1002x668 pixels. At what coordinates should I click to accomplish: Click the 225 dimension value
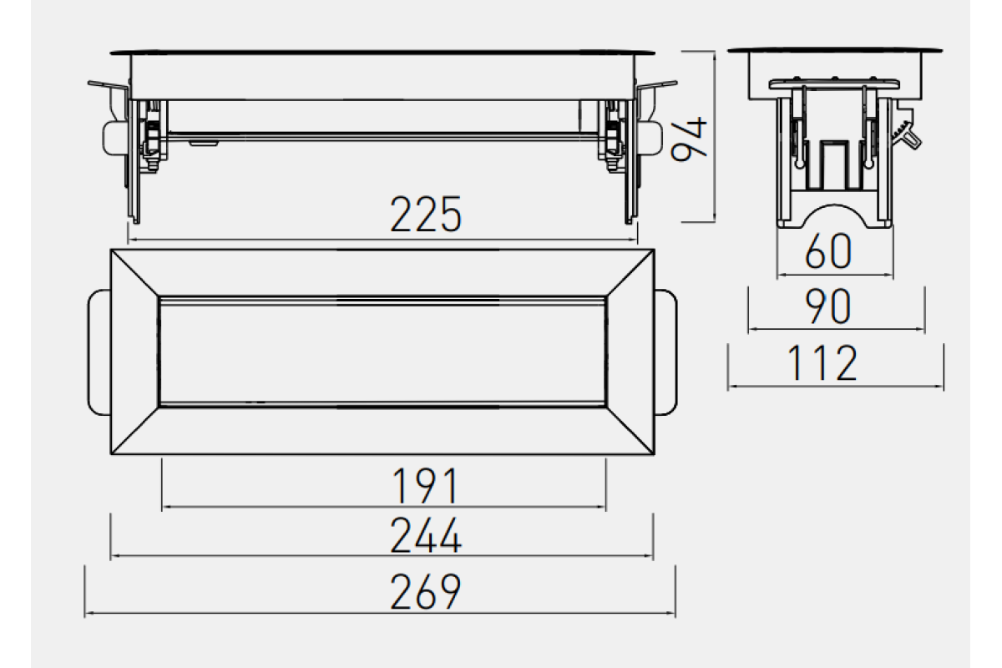425,215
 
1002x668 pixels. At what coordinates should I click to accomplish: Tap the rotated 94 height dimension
689,139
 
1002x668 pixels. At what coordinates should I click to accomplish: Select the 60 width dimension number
828,251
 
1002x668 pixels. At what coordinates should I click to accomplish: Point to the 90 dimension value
827,306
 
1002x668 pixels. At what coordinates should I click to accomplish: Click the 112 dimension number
822,363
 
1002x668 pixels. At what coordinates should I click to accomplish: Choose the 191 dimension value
425,486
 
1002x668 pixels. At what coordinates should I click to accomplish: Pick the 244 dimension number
425,535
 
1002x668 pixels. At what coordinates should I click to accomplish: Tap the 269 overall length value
425,592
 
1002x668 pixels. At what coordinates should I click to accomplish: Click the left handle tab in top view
99,352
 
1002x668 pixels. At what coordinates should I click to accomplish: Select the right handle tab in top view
666,352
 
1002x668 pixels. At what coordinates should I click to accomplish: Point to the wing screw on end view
908,136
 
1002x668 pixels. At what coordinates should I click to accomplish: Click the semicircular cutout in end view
834,216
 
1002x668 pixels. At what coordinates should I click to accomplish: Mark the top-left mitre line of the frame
134,272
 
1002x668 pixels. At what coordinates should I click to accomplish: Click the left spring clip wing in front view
108,86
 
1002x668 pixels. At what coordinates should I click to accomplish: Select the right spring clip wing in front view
657,85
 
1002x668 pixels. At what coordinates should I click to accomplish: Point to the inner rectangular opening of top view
382,352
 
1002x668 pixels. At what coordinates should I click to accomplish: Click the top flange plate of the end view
835,51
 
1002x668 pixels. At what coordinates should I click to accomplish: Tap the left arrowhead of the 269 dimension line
89,613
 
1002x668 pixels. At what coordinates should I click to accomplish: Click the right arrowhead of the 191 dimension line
602,507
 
